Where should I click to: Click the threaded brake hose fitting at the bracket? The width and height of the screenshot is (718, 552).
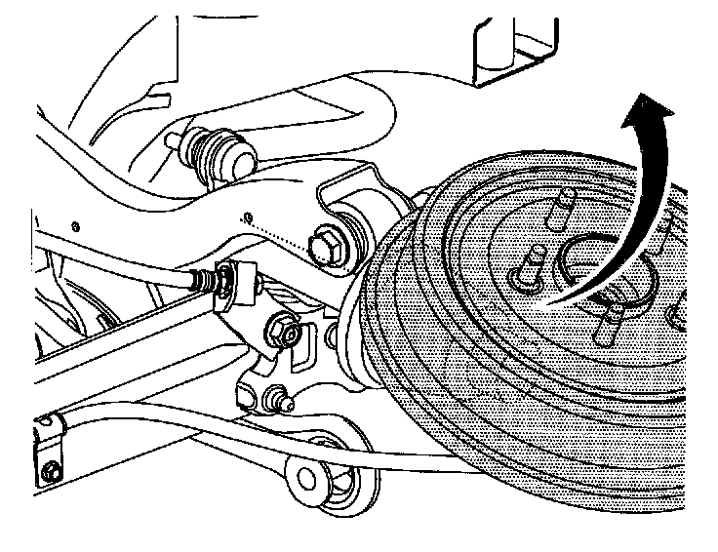207,280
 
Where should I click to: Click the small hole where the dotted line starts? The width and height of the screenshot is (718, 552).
250,216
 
